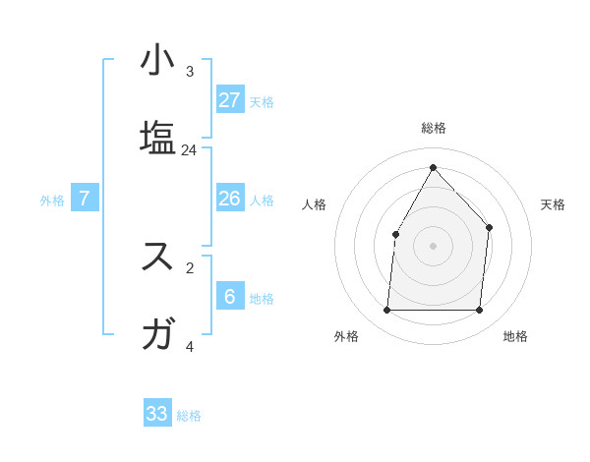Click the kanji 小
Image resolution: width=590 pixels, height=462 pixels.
157,60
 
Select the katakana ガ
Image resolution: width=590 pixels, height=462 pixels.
157,334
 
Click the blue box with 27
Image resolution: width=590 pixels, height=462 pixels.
230,99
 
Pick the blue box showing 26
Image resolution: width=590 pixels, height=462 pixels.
230,199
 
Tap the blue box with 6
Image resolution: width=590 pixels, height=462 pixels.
230,296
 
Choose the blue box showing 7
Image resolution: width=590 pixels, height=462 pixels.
85,199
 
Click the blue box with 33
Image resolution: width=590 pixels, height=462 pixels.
157,414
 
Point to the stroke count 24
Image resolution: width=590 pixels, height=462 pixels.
190,150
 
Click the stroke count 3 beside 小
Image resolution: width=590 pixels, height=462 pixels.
190,71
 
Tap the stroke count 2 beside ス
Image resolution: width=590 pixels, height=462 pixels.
190,266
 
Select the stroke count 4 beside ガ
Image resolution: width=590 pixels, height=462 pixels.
190,346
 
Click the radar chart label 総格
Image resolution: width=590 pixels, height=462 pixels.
434,129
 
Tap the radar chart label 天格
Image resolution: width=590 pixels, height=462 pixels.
553,204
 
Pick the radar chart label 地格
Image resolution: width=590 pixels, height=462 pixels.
515,336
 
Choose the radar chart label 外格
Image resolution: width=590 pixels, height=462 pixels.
346,336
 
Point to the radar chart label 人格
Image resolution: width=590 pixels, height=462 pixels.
315,204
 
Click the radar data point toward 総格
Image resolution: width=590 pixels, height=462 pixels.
433,167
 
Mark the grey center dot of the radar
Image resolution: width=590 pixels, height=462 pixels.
433,245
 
